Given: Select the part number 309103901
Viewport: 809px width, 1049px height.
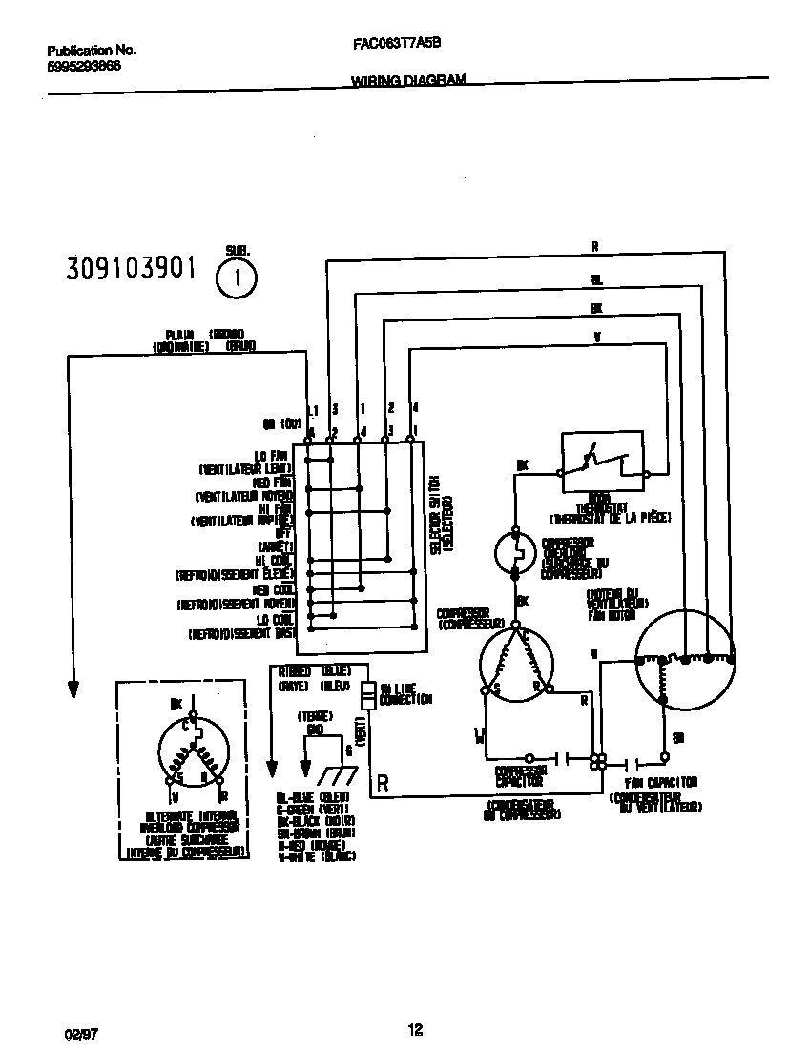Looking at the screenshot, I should click(131, 270).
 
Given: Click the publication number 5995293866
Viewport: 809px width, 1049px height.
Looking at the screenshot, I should click(83, 68).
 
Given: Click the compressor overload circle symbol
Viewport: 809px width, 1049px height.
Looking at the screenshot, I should click(516, 552).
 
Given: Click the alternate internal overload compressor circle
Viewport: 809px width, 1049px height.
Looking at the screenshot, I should click(195, 754).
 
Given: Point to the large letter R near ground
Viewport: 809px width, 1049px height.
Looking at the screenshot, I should click(383, 784).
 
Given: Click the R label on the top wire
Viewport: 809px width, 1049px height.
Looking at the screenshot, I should click(594, 247).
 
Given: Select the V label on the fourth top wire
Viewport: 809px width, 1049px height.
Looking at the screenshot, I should click(596, 337).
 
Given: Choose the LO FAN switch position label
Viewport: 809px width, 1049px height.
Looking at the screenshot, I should click(272, 457).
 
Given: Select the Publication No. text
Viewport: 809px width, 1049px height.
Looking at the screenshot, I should click(92, 50).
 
